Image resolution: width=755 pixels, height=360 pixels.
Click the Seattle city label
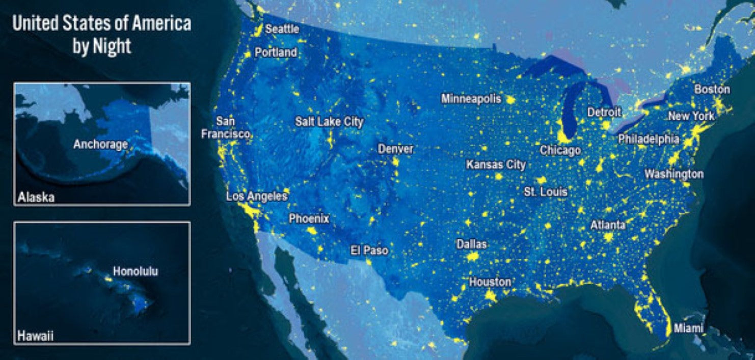(282, 30)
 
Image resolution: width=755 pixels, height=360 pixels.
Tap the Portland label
(276, 52)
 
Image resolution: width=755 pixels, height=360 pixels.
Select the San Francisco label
(226, 128)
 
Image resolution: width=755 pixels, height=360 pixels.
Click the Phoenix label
(309, 219)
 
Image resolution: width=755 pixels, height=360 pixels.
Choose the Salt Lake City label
(329, 122)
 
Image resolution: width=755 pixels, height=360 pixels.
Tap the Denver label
(395, 149)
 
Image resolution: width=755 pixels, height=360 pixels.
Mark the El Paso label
(369, 251)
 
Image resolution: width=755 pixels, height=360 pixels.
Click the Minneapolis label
(471, 98)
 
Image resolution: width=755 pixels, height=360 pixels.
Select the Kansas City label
(496, 165)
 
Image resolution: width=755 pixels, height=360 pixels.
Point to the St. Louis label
(546, 191)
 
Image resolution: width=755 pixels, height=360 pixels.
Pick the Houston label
(490, 282)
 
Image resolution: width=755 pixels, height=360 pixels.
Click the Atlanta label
(608, 225)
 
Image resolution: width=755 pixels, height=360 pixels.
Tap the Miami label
(688, 328)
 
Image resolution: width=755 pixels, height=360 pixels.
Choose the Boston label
(712, 89)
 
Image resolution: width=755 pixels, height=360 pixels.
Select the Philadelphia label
(649, 139)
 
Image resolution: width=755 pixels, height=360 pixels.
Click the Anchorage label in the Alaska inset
(100, 145)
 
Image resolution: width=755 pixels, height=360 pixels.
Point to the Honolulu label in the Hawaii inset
(136, 271)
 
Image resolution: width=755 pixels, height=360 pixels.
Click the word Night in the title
(112, 47)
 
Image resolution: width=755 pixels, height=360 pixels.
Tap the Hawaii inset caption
(36, 336)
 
